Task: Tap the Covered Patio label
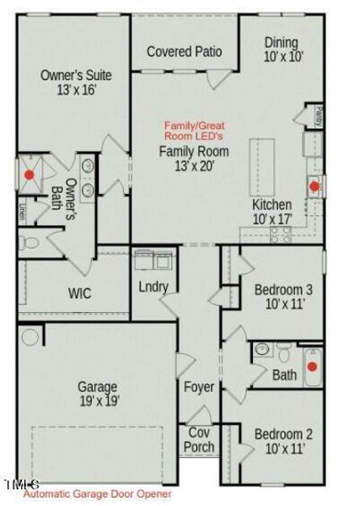[x=185, y=52]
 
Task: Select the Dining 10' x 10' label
[x=281, y=50]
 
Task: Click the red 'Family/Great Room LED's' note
[x=195, y=130]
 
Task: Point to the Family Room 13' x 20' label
[x=194, y=158]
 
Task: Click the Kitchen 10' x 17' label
[x=272, y=212]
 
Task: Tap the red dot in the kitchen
[x=314, y=186]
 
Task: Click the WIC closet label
[x=80, y=293]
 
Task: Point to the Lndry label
[x=153, y=287]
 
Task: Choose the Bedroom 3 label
[x=283, y=298]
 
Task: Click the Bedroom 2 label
[x=283, y=442]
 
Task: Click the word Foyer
[x=199, y=388]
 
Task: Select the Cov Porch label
[x=200, y=439]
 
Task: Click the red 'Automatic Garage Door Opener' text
[x=97, y=494]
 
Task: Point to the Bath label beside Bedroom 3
[x=284, y=374]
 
